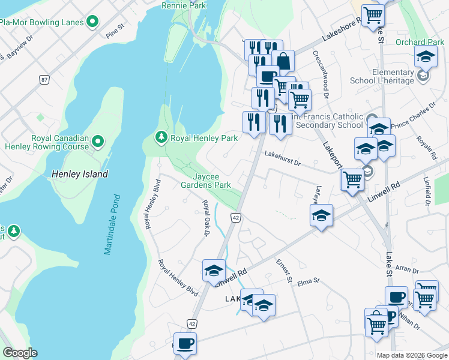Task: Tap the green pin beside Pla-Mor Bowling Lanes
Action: [92, 23]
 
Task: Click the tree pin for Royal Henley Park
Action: [161, 138]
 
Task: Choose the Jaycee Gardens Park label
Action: [206, 181]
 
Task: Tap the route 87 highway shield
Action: [44, 79]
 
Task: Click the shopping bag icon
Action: [283, 61]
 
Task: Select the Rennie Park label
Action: [184, 5]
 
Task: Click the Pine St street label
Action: [114, 31]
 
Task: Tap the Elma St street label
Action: [309, 280]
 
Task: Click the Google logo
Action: [20, 353]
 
